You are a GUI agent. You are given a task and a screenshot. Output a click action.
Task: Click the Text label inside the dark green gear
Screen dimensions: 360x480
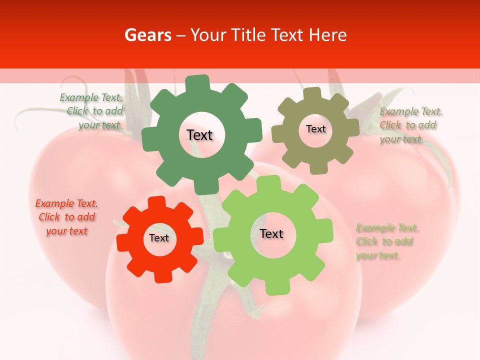(x=199, y=135)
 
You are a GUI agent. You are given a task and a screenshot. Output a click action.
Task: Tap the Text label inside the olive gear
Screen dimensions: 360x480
(x=315, y=129)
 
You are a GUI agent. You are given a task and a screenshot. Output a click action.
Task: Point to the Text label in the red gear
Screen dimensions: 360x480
(x=159, y=238)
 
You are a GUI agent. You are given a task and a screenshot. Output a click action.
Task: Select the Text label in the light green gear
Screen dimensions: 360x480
(x=271, y=233)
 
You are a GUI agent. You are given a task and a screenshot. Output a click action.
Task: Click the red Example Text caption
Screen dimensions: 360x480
(x=66, y=217)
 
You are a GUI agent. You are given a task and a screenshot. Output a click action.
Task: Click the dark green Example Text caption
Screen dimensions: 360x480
(x=92, y=111)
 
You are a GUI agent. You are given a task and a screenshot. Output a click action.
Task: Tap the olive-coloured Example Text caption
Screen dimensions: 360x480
(x=410, y=125)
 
